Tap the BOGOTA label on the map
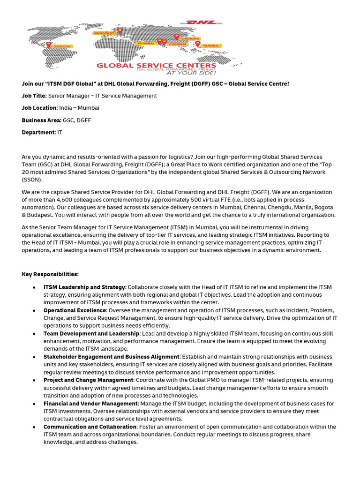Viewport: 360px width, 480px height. tap(62, 46)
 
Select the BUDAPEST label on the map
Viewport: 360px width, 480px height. tap(104, 33)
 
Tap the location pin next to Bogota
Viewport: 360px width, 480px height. tap(48, 45)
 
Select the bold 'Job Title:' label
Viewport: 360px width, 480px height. tap(34, 96)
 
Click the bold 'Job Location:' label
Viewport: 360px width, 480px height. tap(39, 108)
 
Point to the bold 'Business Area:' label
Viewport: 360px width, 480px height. tap(41, 120)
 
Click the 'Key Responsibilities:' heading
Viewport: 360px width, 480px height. tap(50, 274)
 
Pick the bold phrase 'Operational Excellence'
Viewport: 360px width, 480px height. tap(75, 310)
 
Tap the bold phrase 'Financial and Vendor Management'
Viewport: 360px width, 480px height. tap(90, 404)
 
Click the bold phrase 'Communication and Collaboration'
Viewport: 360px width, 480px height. tap(90, 427)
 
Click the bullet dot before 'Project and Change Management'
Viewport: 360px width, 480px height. tap(35, 380)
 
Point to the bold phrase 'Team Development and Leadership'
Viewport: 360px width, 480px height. tap(91, 333)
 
